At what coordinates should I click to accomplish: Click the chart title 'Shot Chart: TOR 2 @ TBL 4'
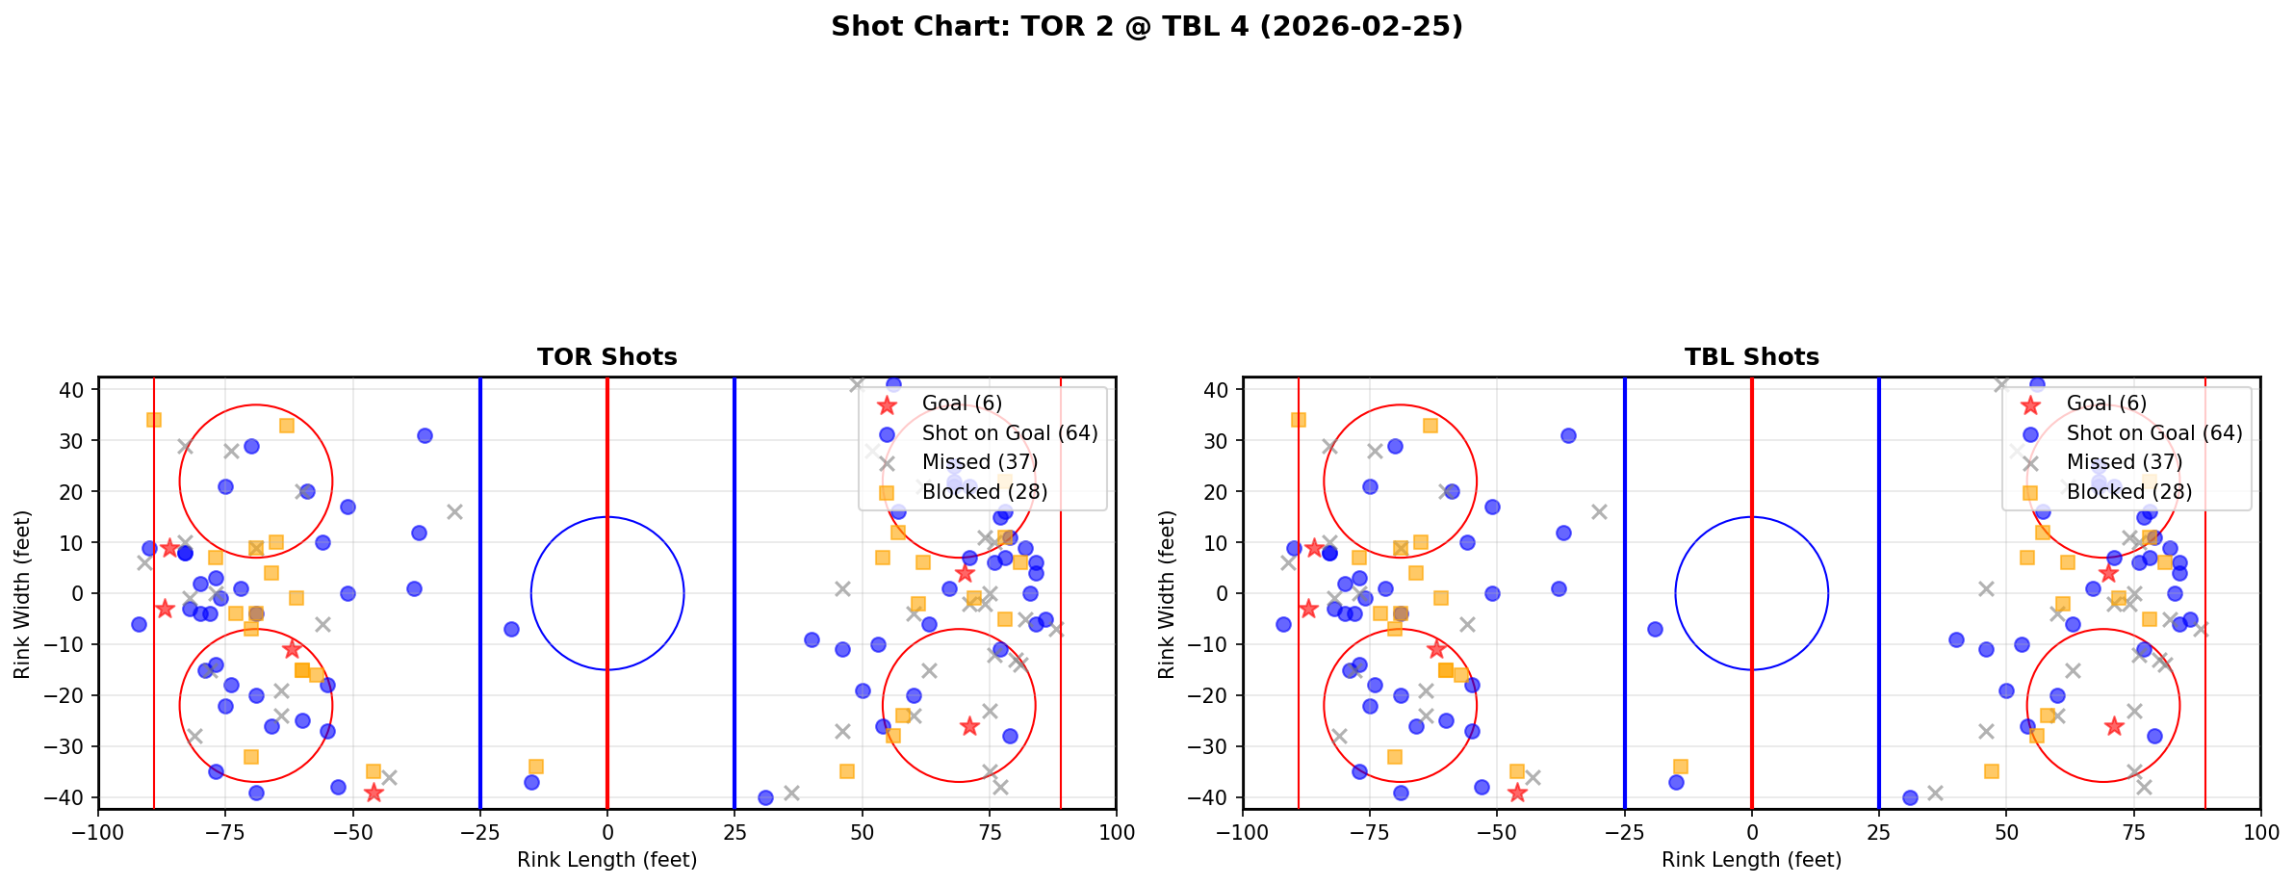coord(1147,27)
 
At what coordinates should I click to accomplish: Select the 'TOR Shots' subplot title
coord(606,357)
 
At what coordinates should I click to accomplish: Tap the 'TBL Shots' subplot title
coord(1751,357)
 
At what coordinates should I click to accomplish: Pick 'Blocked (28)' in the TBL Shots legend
coord(2128,492)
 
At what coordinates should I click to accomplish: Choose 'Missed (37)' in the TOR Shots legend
coord(979,462)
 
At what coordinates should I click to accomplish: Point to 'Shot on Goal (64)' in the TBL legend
coord(2153,433)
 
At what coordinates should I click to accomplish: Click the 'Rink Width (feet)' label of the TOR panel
coord(22,593)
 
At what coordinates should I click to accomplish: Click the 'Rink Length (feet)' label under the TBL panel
coord(1751,860)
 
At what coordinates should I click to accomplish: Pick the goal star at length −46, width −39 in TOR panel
coord(374,793)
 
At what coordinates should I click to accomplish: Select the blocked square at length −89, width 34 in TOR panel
coord(154,420)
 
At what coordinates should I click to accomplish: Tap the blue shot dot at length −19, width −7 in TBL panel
coord(1655,629)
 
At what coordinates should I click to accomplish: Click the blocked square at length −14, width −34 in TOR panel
coord(536,767)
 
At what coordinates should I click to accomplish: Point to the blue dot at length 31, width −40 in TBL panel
coord(1910,797)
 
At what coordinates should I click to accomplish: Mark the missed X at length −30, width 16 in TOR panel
coord(454,511)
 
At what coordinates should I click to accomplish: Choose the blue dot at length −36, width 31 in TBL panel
coord(1568,435)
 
